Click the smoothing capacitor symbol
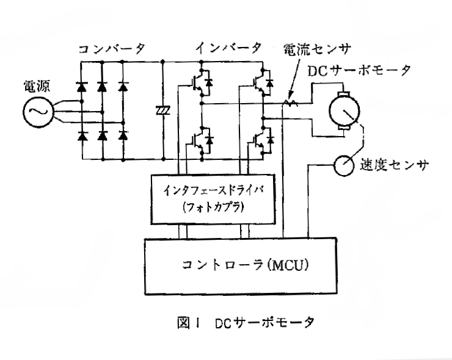pos(163,110)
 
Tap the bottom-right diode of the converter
pos(123,135)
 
